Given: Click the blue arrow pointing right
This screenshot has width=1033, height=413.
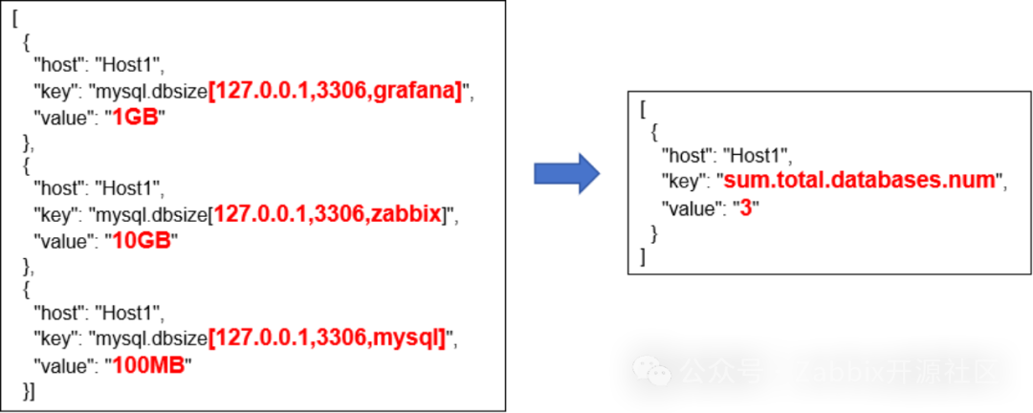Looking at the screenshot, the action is click(x=566, y=173).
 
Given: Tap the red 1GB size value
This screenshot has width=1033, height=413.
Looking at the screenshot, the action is click(x=135, y=118).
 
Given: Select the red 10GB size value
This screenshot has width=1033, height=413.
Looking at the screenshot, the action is click(x=142, y=241).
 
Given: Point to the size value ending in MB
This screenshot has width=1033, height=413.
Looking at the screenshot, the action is click(x=148, y=365).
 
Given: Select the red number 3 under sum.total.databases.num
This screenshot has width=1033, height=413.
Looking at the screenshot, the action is click(x=746, y=208).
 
